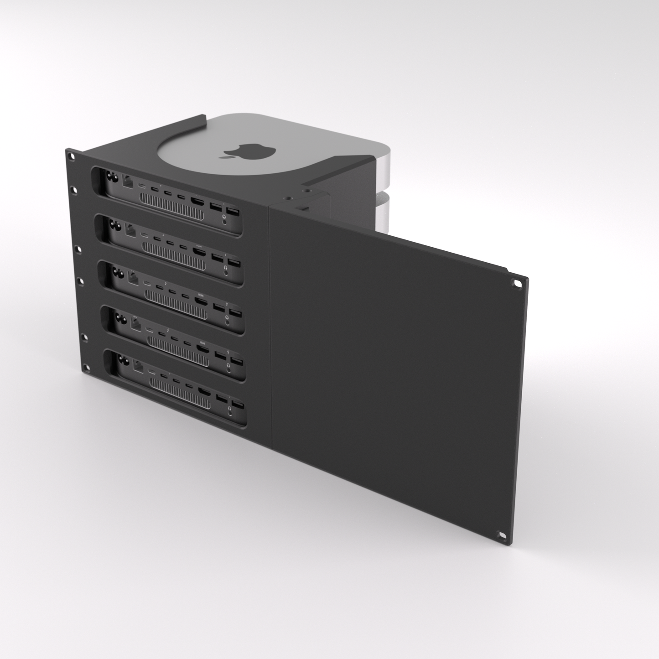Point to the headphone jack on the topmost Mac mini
pos(225,219)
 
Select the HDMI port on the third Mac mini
pos(201,300)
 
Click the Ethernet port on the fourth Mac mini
pos(135,324)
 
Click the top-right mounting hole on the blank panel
pos(518,283)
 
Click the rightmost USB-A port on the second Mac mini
pos(233,263)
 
